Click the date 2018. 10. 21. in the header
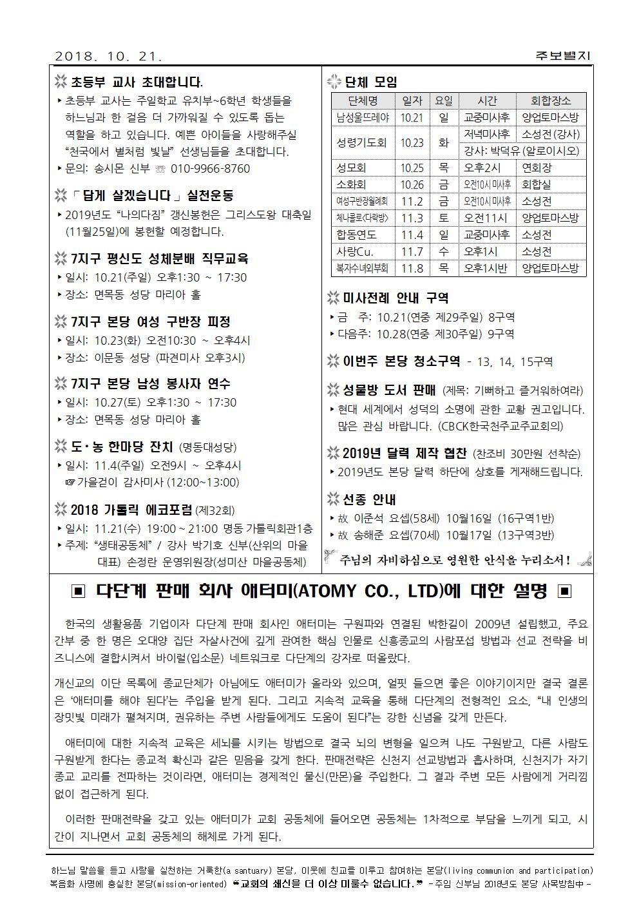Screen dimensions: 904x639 tap(109, 56)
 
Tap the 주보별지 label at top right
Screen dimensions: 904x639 tap(562, 56)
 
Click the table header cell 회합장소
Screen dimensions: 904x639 tap(550, 101)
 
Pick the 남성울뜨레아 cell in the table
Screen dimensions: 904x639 tap(362, 118)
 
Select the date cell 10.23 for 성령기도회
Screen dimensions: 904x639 tap(412, 143)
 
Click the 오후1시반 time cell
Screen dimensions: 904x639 tap(486, 268)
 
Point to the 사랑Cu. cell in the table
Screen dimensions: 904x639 tap(355, 251)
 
